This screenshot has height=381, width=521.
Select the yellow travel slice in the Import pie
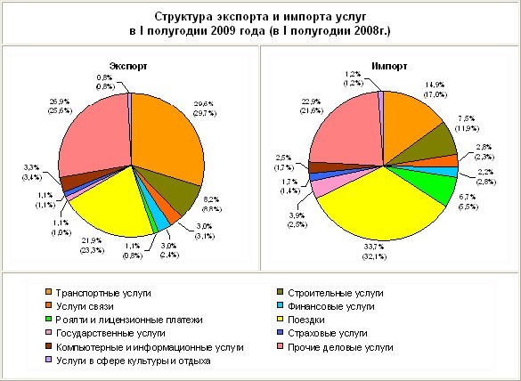tap(374, 205)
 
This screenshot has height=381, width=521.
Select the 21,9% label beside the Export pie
tap(91, 244)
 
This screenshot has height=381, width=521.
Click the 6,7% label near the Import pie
tap(467, 200)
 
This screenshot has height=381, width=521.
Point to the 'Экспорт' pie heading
tap(128, 66)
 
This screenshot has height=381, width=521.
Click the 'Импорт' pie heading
tap(389, 66)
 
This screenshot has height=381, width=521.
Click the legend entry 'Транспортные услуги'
tap(103, 292)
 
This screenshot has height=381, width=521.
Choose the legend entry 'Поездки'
tap(317, 319)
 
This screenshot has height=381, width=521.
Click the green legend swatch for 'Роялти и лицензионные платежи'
tap(47, 319)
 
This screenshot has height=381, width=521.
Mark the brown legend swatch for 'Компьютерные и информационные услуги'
tap(47, 346)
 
